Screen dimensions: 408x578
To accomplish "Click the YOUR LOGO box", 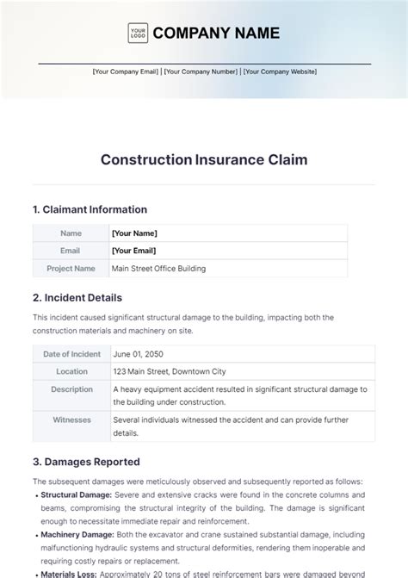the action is point(137,34).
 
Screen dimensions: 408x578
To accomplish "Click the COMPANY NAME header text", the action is point(215,34).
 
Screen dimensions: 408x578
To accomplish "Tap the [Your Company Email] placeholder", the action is point(126,72).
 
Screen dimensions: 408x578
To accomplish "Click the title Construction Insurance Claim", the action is point(204,159).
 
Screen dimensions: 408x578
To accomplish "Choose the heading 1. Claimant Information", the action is point(90,209).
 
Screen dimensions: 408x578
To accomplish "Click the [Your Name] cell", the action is point(134,233).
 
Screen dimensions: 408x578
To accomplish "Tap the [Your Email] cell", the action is point(134,251).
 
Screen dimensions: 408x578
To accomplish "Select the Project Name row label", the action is point(71,268).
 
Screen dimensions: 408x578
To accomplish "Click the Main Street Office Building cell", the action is point(158,268).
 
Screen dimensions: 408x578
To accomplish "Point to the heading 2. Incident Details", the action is point(78,298).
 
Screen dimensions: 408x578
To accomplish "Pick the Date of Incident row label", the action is point(71,354).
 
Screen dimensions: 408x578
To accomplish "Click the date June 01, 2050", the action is point(137,354).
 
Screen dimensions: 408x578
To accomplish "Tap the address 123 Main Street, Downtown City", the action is point(169,371).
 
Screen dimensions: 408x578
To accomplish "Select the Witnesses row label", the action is point(71,420).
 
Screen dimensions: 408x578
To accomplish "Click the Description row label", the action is point(71,389).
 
